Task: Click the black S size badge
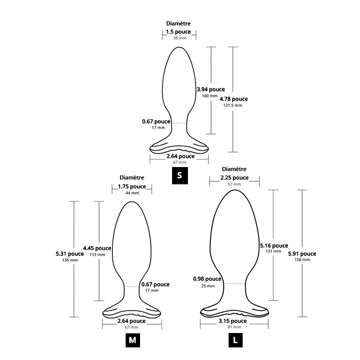pos(180,176)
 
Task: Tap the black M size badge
pos(132,341)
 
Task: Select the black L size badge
pos(235,341)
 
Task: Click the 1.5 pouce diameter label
pos(178,32)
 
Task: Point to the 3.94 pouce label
pos(211,89)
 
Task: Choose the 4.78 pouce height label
pos(234,99)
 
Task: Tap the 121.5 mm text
pos(234,105)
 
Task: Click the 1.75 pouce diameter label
pos(132,186)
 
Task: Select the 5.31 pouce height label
pos(70,253)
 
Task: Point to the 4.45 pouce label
pos(97,248)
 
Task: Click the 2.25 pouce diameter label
pos(234,177)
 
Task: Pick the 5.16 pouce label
pos(274,246)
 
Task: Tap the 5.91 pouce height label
pos(302,253)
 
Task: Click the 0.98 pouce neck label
pos(207,279)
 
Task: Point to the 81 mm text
pos(234,327)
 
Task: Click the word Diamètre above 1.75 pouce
pos(132,177)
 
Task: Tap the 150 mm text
pos(302,260)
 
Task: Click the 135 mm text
pos(69,260)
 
